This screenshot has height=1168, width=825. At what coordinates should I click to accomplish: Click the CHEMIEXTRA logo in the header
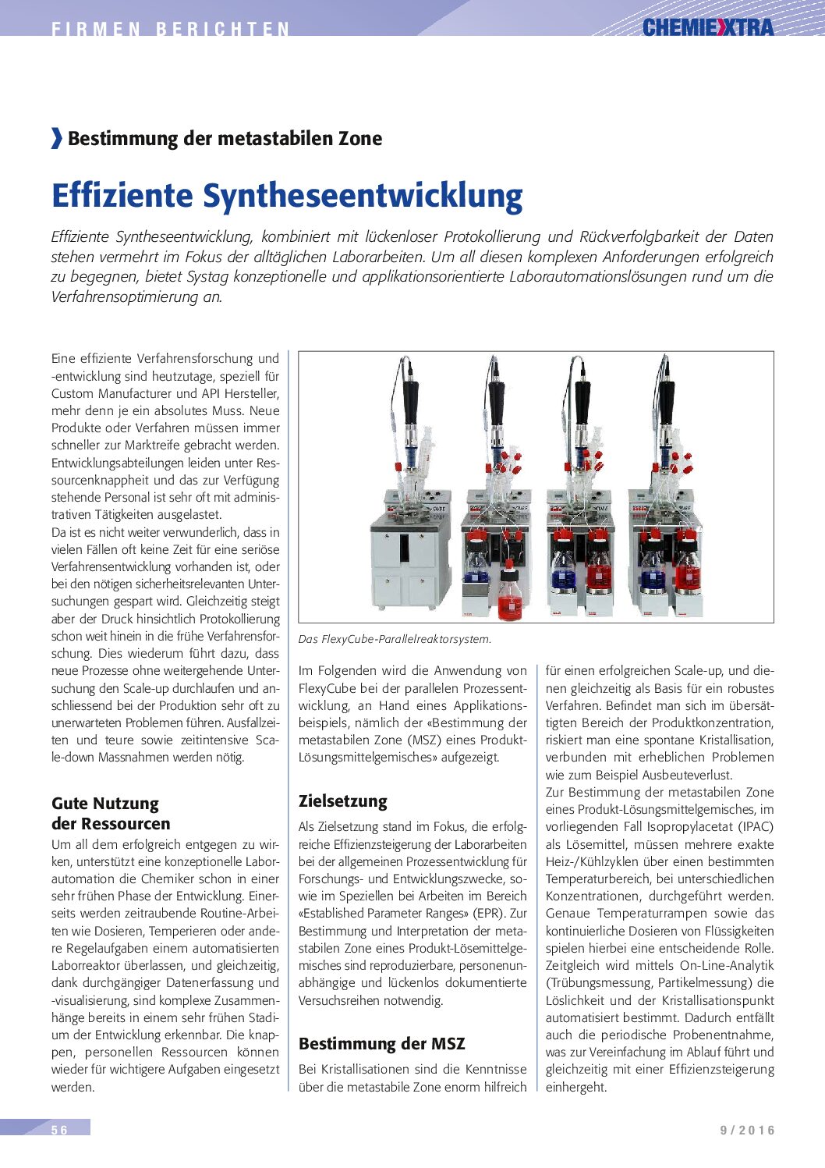(x=708, y=28)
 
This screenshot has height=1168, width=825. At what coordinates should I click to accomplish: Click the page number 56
(x=60, y=1130)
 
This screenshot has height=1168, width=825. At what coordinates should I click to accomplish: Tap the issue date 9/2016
(x=747, y=1130)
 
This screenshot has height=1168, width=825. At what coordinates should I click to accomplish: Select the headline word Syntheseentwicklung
(x=363, y=196)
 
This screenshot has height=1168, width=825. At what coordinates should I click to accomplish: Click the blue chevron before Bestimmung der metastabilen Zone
(x=56, y=138)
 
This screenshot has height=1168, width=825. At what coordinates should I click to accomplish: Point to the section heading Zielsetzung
(x=342, y=801)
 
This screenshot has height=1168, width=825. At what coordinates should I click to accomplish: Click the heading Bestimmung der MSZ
(x=381, y=1044)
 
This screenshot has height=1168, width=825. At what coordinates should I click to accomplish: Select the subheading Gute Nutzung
(x=105, y=804)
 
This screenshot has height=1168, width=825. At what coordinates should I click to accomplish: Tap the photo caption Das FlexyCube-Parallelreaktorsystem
(x=395, y=639)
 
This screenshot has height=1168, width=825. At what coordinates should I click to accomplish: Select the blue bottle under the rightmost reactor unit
(x=652, y=572)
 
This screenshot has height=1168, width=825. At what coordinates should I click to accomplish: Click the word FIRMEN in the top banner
(x=96, y=30)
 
